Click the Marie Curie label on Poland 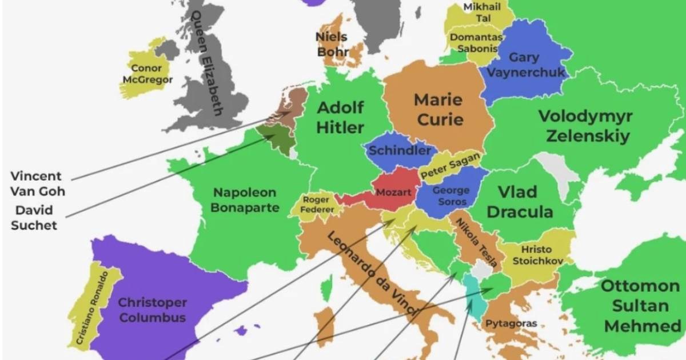tap(438, 110)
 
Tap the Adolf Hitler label tap(340, 117)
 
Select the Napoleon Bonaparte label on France tap(245, 200)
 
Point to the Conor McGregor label tap(146, 74)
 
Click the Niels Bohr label tap(332, 45)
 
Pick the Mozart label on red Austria tap(393, 193)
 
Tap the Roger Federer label tap(316, 205)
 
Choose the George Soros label tap(450, 196)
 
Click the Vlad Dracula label tap(525, 202)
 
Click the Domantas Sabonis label tap(476, 43)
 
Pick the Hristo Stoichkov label tap(537, 255)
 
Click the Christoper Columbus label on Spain tap(153, 310)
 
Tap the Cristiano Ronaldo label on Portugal tap(91, 309)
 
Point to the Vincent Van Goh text tap(38, 183)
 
